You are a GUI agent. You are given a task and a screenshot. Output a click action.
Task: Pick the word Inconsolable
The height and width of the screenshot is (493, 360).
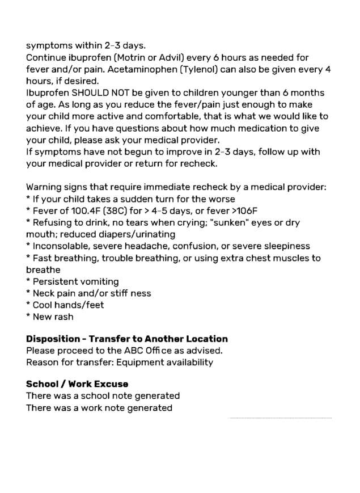coord(63,246)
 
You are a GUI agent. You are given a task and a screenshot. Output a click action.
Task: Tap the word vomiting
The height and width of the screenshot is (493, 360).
coord(96,282)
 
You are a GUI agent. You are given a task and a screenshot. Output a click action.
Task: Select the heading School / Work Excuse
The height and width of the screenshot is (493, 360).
coord(77,384)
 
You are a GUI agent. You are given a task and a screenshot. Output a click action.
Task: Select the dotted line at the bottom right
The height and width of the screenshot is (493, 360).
coord(280,418)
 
